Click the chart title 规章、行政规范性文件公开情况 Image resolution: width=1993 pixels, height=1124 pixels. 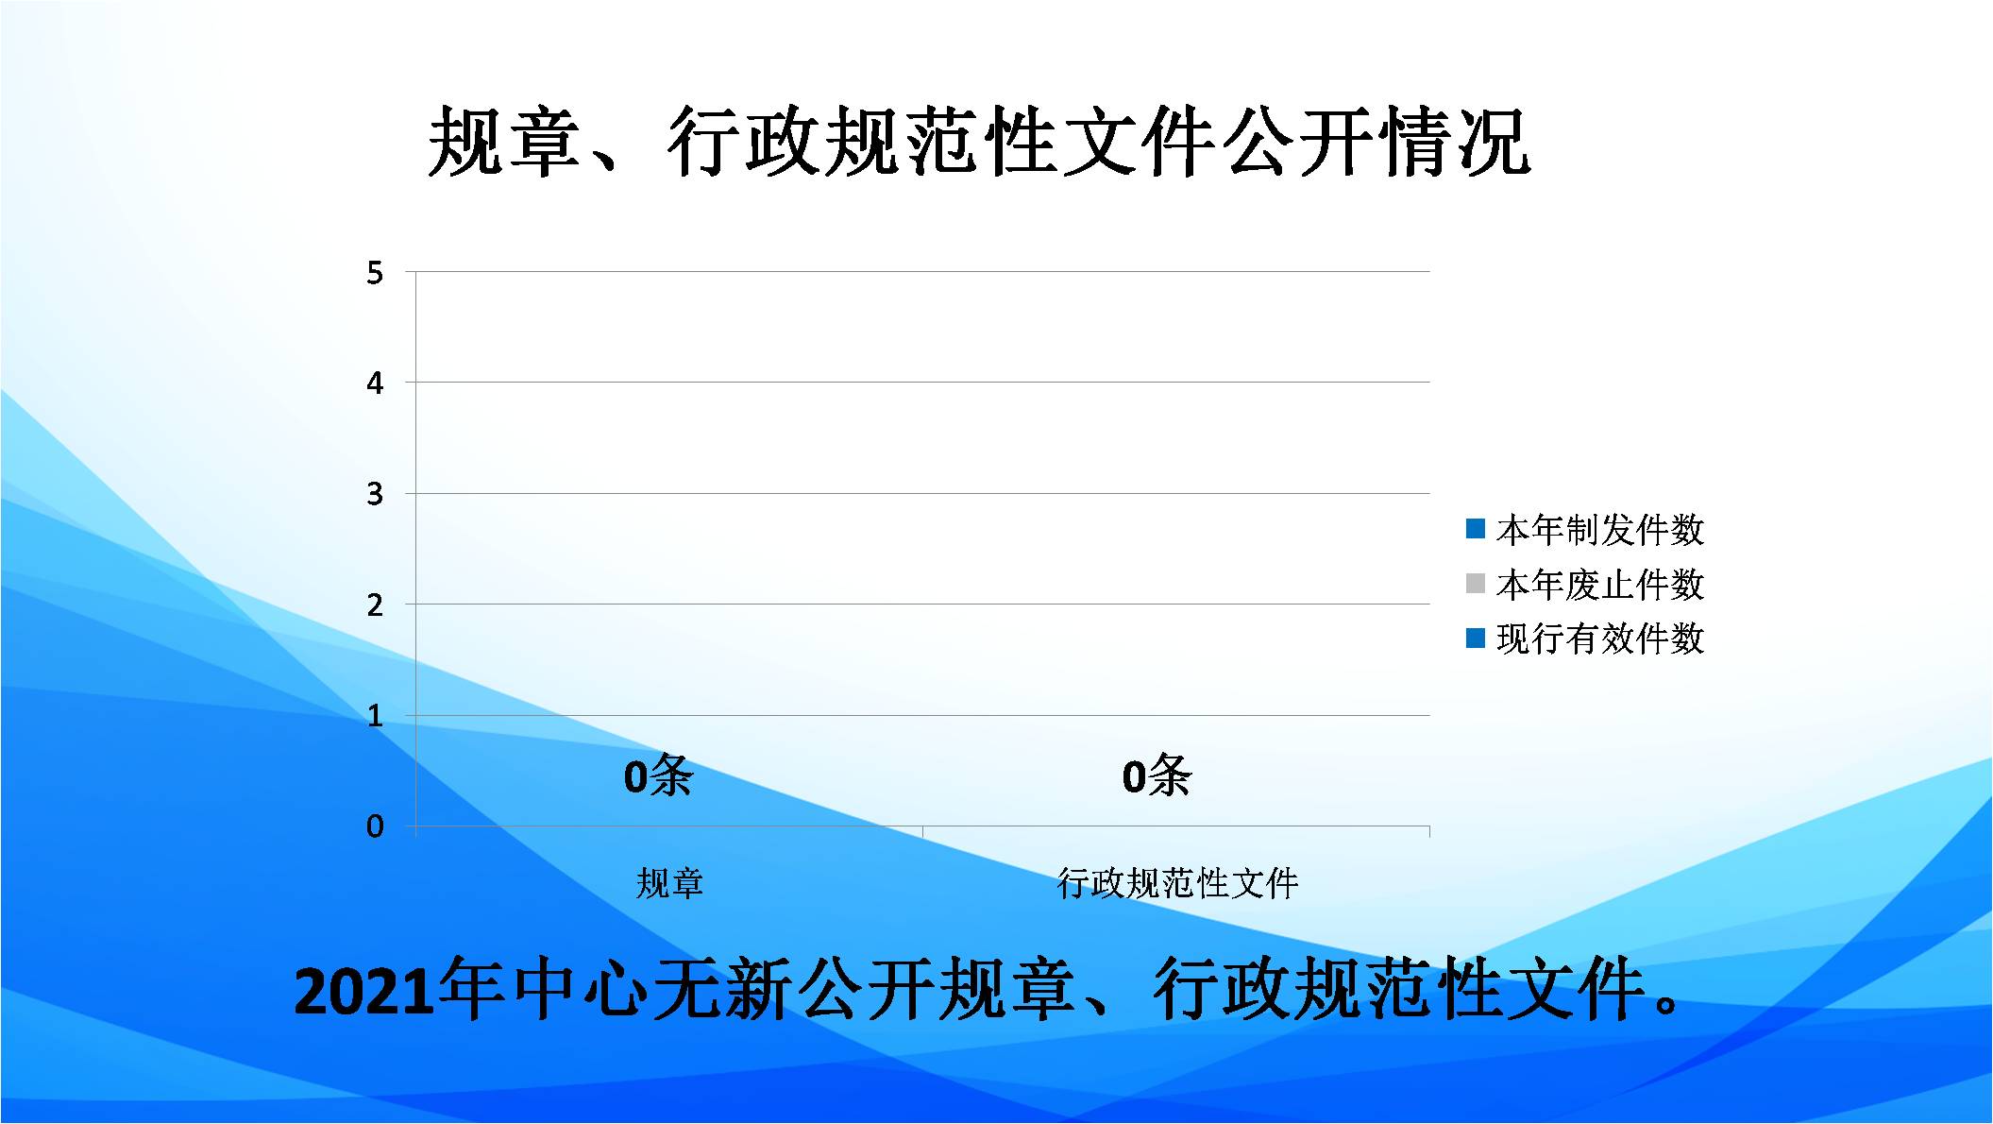point(979,142)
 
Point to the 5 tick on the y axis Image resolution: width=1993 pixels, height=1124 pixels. point(375,273)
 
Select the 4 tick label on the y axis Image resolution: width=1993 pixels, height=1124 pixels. point(375,383)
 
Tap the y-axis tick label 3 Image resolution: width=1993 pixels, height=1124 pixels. point(375,494)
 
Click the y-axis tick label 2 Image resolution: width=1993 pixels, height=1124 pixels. point(375,605)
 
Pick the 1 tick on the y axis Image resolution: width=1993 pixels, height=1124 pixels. point(375,716)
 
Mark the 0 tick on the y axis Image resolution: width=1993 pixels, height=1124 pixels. point(375,826)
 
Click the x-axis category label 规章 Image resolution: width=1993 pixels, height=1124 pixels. point(669,883)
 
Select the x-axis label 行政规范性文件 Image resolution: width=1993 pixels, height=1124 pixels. point(1177,883)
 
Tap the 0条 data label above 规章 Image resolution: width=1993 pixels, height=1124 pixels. point(658,776)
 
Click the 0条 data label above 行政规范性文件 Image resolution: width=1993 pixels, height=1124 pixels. point(1157,776)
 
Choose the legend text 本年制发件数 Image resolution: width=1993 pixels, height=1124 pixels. point(1600,530)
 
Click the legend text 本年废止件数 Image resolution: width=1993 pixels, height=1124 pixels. point(1600,585)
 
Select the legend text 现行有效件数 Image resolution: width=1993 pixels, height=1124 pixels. point(1600,639)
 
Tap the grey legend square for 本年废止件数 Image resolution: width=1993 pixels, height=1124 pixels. point(1476,584)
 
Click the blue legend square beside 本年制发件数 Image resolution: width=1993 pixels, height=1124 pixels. point(1476,529)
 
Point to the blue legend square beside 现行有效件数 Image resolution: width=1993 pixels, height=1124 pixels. point(1476,639)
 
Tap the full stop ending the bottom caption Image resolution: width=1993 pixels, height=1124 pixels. point(1668,1003)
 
